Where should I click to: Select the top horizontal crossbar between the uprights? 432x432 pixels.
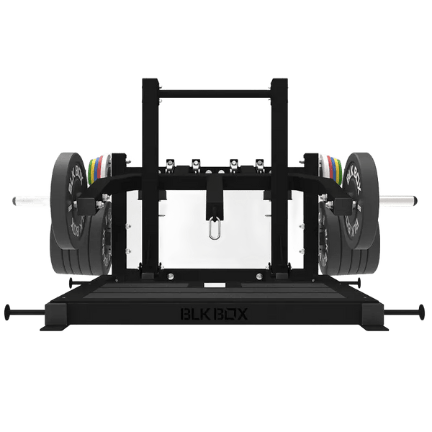(217, 92)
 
